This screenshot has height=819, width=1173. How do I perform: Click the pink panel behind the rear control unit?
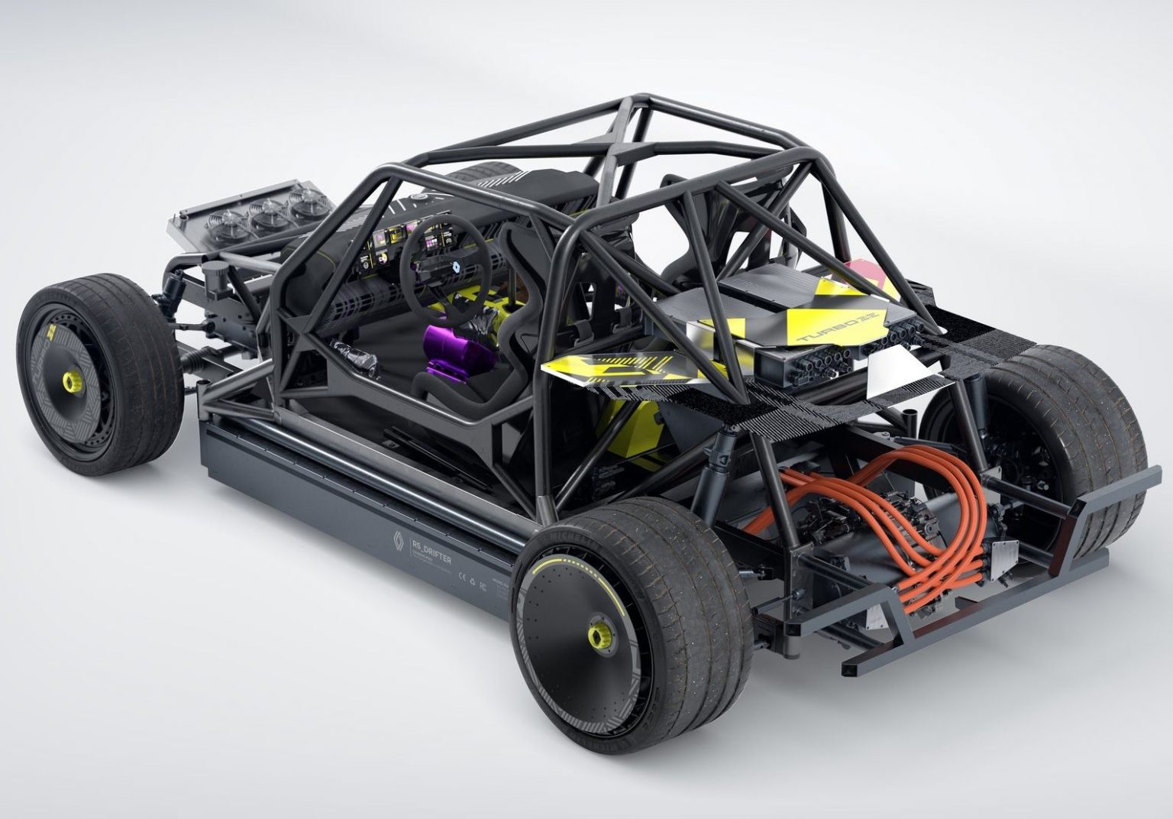click(x=869, y=277)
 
